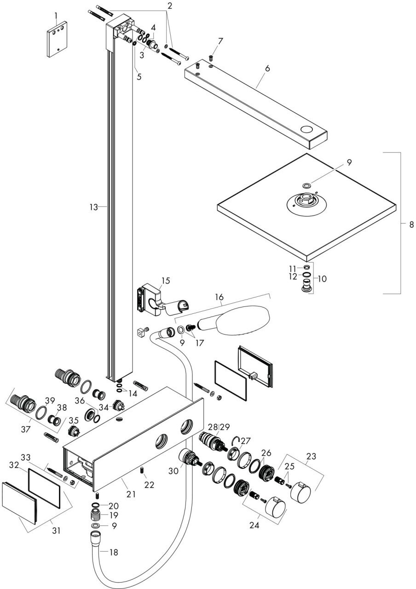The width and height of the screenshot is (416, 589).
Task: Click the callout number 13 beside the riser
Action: coord(94,207)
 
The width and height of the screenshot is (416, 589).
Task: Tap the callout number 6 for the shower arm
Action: coord(267,69)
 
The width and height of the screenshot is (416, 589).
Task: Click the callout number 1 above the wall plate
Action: coord(57,16)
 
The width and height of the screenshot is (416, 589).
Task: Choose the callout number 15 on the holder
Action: coord(165,280)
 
